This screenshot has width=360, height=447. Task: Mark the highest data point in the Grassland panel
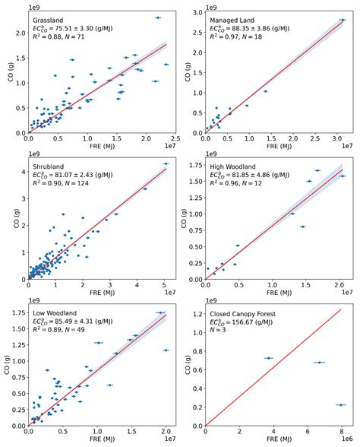[157, 17]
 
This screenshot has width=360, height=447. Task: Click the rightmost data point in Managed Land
[343, 20]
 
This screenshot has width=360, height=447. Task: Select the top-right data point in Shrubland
[166, 163]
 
